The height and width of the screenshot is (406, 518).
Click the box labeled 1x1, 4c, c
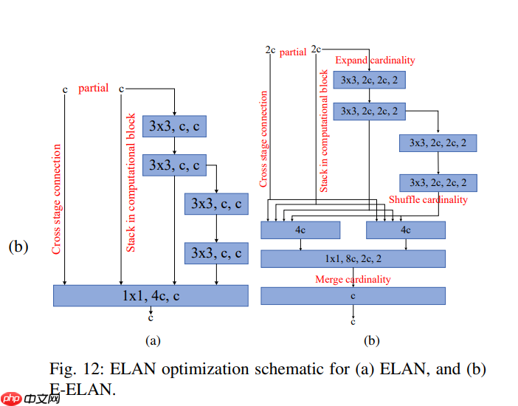[151, 295]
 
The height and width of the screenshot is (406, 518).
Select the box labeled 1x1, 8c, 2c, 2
[353, 258]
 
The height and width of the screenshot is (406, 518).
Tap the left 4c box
[300, 230]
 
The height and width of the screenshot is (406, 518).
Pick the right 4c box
[406, 230]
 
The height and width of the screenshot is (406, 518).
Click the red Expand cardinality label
[375, 61]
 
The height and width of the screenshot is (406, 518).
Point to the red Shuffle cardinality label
[428, 200]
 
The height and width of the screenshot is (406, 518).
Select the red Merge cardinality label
[353, 279]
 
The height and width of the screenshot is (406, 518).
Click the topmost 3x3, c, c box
[174, 126]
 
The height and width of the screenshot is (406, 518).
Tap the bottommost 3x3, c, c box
[216, 253]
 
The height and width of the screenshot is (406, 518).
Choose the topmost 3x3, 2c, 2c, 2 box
[370, 80]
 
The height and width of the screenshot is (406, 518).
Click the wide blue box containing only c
[353, 295]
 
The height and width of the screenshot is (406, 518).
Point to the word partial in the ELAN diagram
[93, 89]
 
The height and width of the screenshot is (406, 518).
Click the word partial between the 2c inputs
[293, 52]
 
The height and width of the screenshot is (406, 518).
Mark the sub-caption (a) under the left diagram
[153, 340]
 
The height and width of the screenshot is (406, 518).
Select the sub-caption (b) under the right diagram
[372, 340]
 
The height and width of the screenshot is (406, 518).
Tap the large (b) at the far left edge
[18, 247]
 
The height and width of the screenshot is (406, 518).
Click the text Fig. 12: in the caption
[77, 368]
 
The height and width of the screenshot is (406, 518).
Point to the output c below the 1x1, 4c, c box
[151, 318]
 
